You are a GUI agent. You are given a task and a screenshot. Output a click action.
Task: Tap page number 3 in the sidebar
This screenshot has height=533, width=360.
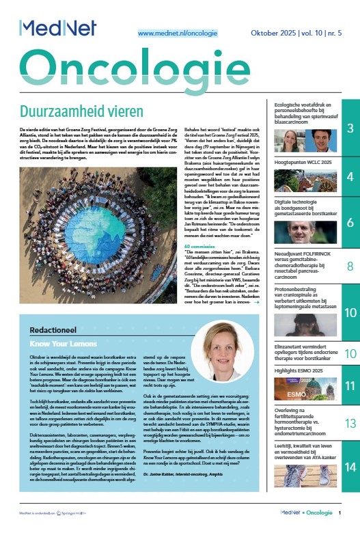349,129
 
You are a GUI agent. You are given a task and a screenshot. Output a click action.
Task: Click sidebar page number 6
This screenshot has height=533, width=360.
349,222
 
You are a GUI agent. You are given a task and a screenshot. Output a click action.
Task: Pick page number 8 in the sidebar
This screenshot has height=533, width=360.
349,266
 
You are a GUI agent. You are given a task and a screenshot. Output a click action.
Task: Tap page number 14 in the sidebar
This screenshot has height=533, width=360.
349,467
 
